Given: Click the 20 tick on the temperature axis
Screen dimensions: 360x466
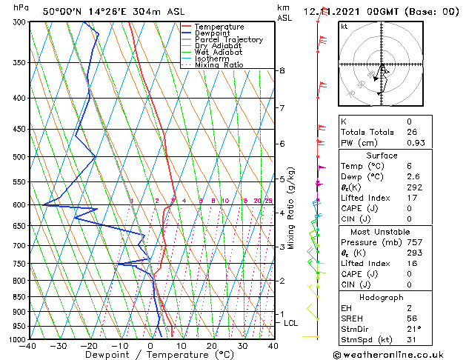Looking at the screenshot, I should click(x=212, y=346).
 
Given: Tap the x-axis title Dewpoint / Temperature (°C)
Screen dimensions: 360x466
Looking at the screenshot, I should click(x=150, y=355).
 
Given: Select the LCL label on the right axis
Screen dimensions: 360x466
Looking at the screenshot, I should click(x=290, y=323).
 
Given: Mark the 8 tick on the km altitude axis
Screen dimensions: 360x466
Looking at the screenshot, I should click(x=282, y=70).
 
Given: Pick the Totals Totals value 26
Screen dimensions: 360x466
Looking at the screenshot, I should click(x=410, y=132).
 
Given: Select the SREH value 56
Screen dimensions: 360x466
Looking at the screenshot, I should click(x=412, y=319).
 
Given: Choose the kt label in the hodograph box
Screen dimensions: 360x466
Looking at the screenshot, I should click(x=344, y=27).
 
